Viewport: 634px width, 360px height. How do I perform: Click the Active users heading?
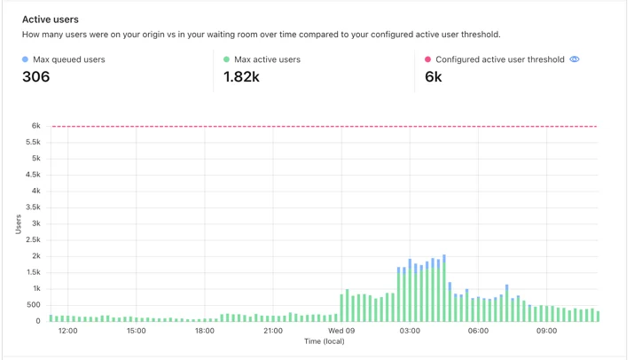tap(51, 20)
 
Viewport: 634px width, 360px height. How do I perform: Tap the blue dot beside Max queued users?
tap(25, 59)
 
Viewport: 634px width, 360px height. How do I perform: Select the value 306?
tap(36, 76)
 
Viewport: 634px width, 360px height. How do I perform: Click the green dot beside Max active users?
tap(226, 59)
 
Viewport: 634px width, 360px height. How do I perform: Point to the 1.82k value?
tap(241, 76)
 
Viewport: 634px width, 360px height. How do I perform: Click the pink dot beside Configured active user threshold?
tap(427, 59)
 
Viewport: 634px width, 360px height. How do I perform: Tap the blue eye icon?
tap(575, 59)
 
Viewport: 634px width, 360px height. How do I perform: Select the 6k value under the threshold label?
tap(434, 76)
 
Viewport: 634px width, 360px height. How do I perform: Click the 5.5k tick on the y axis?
tap(33, 142)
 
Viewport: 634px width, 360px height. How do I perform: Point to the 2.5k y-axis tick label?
tap(33, 240)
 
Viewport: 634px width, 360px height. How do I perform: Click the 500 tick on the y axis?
tap(34, 305)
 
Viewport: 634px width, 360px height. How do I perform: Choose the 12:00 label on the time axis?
tap(68, 331)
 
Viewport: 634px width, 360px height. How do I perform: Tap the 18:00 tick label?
tap(205, 331)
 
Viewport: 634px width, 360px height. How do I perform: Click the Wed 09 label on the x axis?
tap(341, 331)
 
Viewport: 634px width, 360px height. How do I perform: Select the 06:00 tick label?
tap(478, 331)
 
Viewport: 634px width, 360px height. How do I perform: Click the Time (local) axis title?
tap(325, 341)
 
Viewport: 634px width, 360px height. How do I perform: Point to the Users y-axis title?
tap(19, 224)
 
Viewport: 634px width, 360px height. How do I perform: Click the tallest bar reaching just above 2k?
tap(444, 288)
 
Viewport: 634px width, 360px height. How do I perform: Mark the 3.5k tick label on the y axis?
tap(33, 207)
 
